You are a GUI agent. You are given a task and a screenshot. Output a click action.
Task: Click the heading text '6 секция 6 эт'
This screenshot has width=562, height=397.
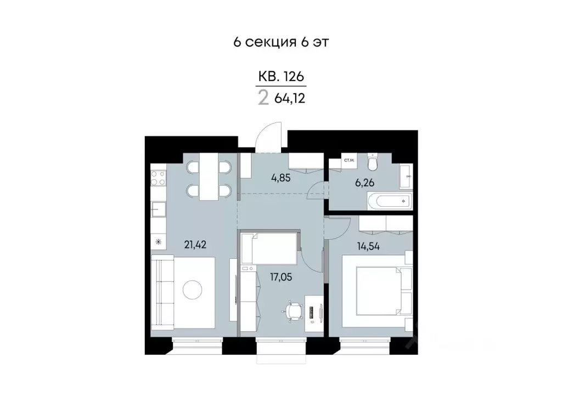280,43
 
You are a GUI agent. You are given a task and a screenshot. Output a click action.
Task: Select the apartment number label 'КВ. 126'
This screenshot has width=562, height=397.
281,77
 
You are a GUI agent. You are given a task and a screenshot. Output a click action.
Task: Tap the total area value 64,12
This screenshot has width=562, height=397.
289,99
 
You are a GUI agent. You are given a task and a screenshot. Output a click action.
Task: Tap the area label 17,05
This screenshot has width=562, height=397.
281,277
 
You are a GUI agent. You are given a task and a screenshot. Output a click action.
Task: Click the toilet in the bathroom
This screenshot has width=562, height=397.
373,162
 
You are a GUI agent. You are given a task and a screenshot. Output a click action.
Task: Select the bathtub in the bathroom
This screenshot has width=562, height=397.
389,201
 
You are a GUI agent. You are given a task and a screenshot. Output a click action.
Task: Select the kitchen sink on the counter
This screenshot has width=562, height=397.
159,208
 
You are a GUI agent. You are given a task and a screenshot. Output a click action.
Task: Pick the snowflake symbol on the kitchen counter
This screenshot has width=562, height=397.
159,241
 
